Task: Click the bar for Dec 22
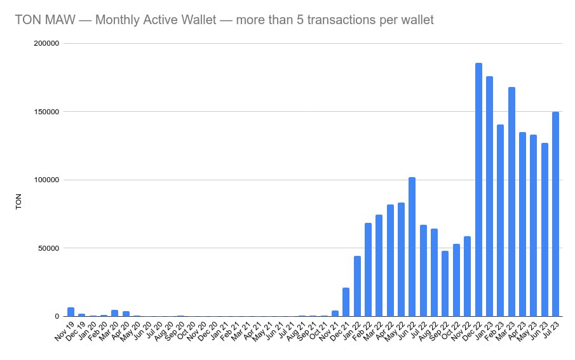tap(478, 190)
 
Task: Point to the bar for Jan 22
tap(357, 286)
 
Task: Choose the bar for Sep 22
tap(445, 283)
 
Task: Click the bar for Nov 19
tap(71, 312)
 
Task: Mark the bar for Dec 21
tap(346, 302)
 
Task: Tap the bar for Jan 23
tap(489, 196)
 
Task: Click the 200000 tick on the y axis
tap(46, 43)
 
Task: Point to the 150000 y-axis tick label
tap(46, 112)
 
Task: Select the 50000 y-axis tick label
tap(48, 248)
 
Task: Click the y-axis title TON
tap(18, 201)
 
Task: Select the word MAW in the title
tap(55, 20)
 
